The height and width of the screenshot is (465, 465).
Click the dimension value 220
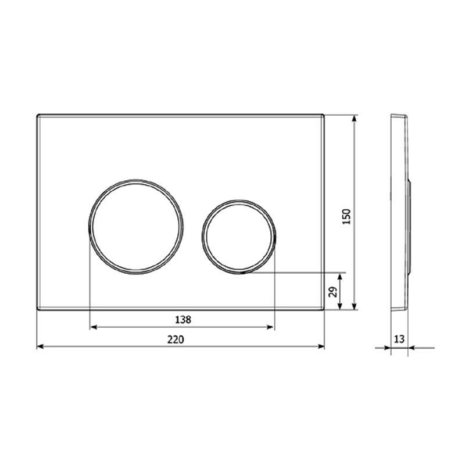(176, 339)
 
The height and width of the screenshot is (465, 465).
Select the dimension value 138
(183, 320)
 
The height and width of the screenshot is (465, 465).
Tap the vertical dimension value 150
(346, 216)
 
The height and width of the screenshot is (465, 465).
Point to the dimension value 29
(333, 292)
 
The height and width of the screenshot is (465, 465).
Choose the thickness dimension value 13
(399, 339)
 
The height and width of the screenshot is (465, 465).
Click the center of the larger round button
(136, 227)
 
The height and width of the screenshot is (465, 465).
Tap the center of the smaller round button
(239, 237)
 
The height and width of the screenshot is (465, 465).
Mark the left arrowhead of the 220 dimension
(40, 346)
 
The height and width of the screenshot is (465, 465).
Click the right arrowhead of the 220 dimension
(321, 346)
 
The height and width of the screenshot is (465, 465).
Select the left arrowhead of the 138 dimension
(94, 327)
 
